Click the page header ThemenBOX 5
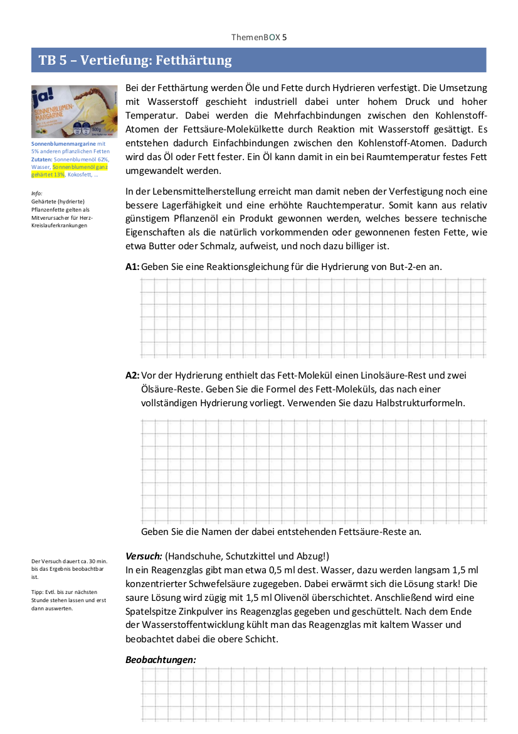259,38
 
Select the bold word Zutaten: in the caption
42,159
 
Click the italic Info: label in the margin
36,193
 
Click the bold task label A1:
132,266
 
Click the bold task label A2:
132,375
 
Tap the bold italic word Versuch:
144,556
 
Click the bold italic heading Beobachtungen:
161,660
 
